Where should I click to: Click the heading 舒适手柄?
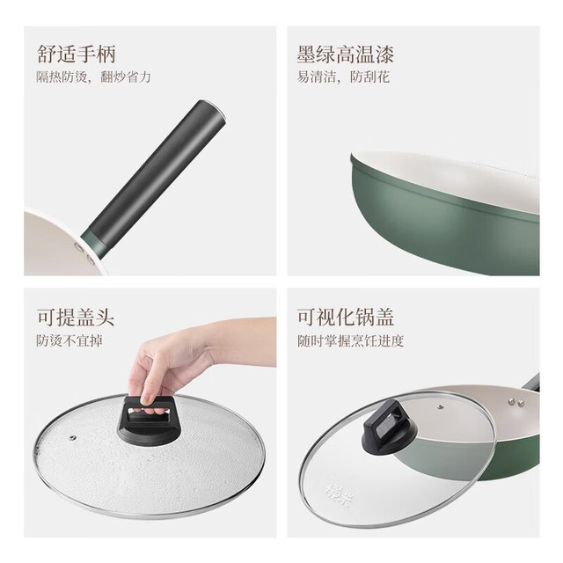[x=77, y=55]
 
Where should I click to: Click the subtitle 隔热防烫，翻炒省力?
[x=93, y=77]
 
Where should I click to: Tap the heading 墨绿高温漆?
[x=346, y=55]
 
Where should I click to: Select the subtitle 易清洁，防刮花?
[x=343, y=77]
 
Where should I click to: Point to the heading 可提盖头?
[x=76, y=317]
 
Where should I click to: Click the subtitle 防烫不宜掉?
[x=69, y=340]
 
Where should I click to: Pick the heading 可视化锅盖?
[x=346, y=317]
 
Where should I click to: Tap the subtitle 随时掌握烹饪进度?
[x=351, y=340]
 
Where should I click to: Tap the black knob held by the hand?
[x=147, y=419]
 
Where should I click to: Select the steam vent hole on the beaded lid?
[x=73, y=438]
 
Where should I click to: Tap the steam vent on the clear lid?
[x=440, y=406]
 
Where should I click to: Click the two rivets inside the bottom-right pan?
[x=515, y=402]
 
